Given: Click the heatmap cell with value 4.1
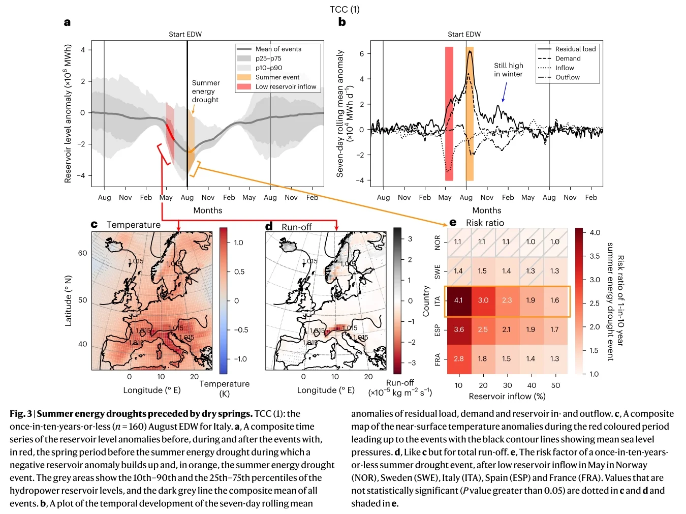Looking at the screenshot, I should pyautogui.click(x=458, y=300).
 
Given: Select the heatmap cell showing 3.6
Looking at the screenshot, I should pyautogui.click(x=458, y=329).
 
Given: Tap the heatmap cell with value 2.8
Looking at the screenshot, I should pyautogui.click(x=458, y=358).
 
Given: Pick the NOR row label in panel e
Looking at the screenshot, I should pyautogui.click(x=438, y=241).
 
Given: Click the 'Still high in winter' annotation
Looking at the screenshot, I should pyautogui.click(x=508, y=70).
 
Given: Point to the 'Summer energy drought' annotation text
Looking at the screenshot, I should pyautogui.click(x=206, y=91).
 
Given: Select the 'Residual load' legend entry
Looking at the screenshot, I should pyautogui.click(x=575, y=49).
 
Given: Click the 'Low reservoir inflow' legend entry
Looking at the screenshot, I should pyautogui.click(x=286, y=86).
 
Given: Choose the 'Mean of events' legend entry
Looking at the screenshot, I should pyautogui.click(x=278, y=49).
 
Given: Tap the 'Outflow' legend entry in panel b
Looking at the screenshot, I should pyautogui.click(x=567, y=77).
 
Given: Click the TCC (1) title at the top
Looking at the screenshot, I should pyautogui.click(x=345, y=9).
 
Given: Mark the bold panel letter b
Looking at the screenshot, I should pyautogui.click(x=342, y=22).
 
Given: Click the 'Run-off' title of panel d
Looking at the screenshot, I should pyautogui.click(x=296, y=227).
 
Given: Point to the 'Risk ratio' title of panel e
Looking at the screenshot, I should pyautogui.click(x=485, y=223).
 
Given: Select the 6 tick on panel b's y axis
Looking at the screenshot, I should pyautogui.click(x=361, y=53).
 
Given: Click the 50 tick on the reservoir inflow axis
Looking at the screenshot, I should pyautogui.click(x=555, y=385).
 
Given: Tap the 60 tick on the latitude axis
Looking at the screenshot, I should pyautogui.click(x=82, y=253).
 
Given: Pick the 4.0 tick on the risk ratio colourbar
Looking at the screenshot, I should pyautogui.click(x=595, y=232).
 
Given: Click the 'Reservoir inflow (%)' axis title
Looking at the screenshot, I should pyautogui.click(x=507, y=396).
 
